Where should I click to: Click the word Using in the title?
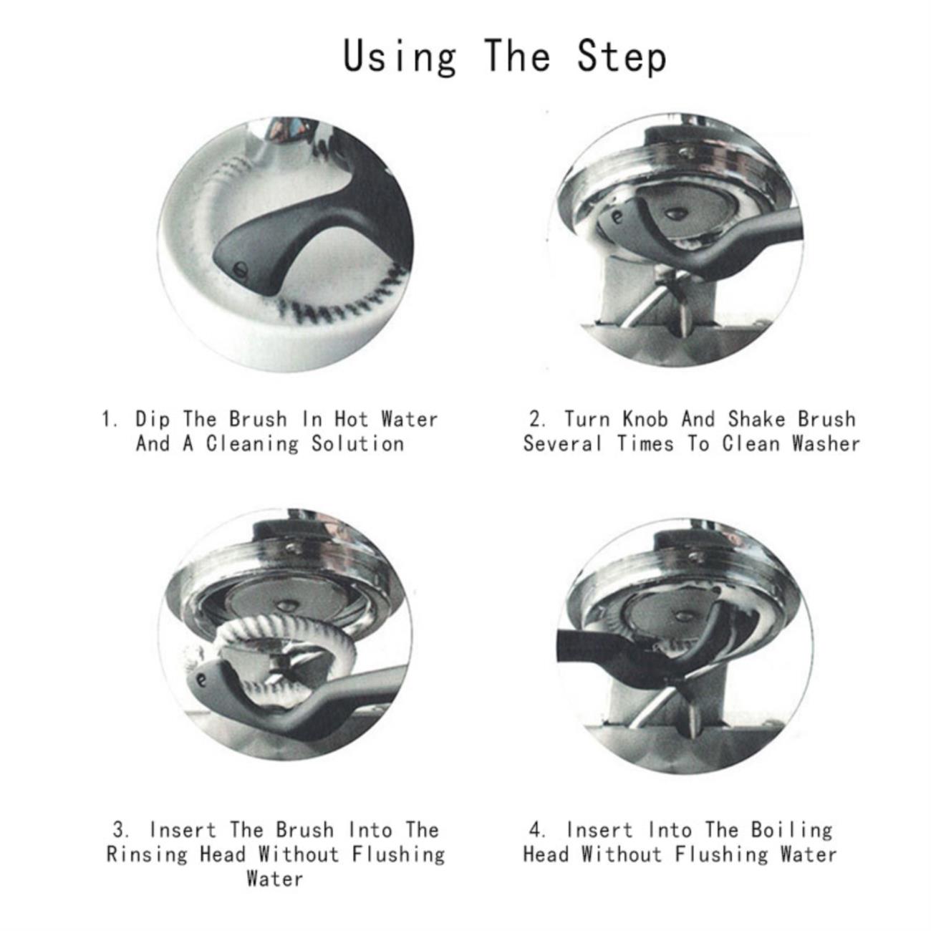(400, 57)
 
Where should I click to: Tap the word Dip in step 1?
(153, 419)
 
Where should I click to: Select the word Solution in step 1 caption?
(357, 443)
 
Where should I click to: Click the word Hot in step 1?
(351, 419)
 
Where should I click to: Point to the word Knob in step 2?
(645, 419)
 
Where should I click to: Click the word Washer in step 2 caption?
(826, 443)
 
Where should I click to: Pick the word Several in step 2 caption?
(562, 443)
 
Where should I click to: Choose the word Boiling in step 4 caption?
(791, 829)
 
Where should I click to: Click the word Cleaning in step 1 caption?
(252, 443)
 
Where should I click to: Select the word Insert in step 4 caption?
(599, 829)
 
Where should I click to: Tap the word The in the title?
(516, 57)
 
